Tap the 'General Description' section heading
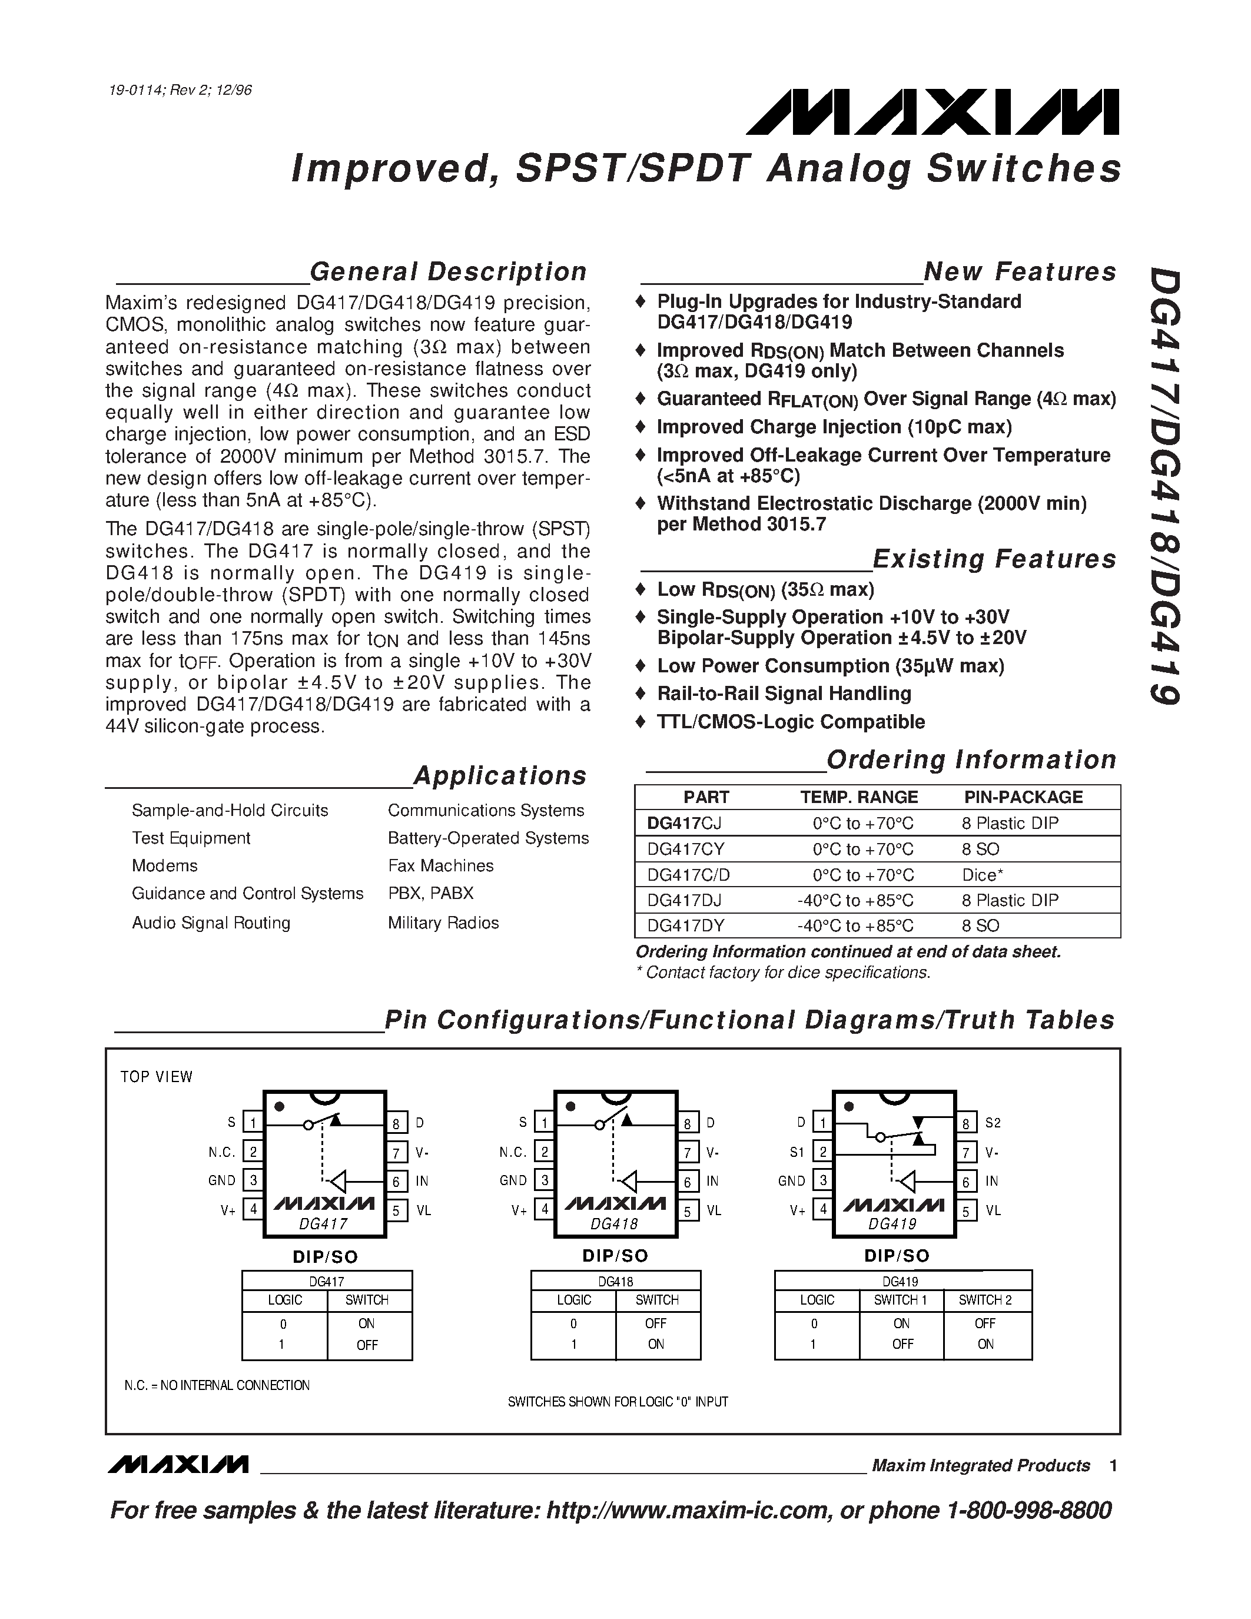tap(447, 272)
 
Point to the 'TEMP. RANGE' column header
tap(859, 797)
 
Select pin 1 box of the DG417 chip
tap(253, 1122)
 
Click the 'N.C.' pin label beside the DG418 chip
tap(513, 1152)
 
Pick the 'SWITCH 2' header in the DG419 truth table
tap(985, 1299)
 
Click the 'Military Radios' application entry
tap(443, 923)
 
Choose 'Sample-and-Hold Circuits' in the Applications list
tap(230, 810)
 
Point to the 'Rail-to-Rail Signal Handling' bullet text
tap(784, 694)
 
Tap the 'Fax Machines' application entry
tap(440, 866)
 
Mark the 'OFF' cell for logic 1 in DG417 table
tap(367, 1345)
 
